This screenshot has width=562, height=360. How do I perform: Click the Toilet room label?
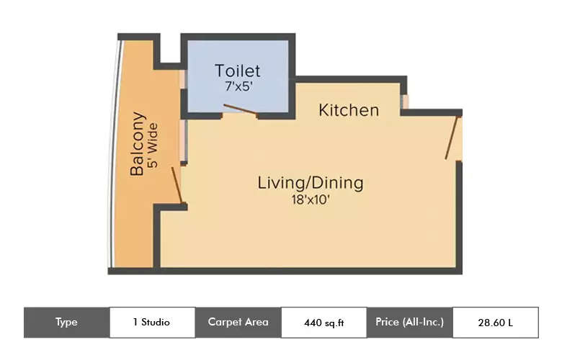[237, 71]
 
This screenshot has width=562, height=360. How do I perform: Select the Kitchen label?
[349, 110]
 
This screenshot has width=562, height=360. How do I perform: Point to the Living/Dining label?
[311, 183]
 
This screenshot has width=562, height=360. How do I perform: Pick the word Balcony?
[138, 144]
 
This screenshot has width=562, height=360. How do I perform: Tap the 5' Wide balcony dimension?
[153, 144]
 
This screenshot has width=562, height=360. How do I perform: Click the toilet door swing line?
[239, 109]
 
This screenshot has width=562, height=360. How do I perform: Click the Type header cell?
[66, 322]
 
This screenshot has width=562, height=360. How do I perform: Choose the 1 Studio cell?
[151, 322]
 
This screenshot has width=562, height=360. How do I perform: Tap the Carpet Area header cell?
[238, 322]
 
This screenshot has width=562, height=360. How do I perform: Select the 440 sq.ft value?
[324, 323]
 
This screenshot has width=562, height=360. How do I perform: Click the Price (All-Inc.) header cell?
[409, 322]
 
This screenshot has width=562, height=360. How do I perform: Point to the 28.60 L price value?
[495, 323]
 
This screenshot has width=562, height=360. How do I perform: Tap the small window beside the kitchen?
[405, 102]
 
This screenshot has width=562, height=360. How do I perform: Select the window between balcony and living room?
[184, 140]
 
